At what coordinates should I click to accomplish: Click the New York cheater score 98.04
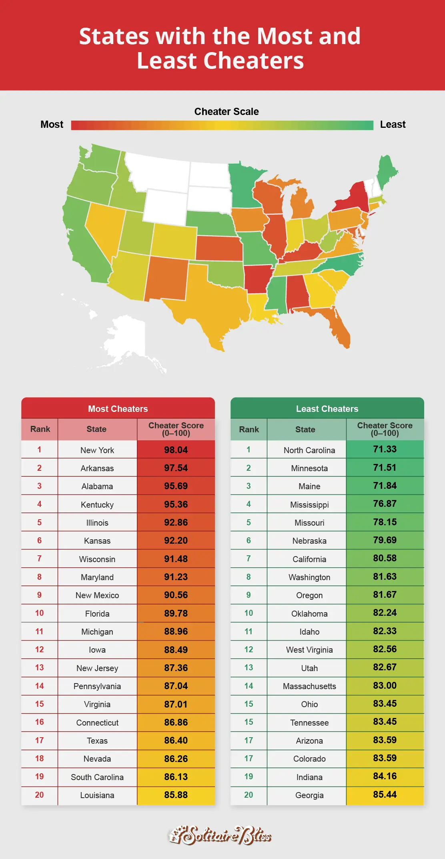[x=176, y=450]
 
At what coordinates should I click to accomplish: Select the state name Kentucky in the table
[x=97, y=505]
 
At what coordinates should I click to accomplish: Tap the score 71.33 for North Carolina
[x=385, y=450]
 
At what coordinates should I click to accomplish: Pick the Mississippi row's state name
[x=309, y=505]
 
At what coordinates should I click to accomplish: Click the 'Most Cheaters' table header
[x=118, y=409]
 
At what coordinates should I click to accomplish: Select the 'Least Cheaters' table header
[x=327, y=409]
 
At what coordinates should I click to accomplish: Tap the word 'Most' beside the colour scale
[x=52, y=125]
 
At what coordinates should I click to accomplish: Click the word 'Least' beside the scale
[x=393, y=125]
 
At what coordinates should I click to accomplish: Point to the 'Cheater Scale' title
[x=227, y=111]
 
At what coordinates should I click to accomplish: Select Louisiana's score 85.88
[x=176, y=795]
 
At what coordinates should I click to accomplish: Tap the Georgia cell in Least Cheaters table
[x=309, y=795]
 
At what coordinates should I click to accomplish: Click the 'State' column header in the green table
[x=305, y=429]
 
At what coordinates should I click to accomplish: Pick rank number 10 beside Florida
[x=39, y=613]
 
